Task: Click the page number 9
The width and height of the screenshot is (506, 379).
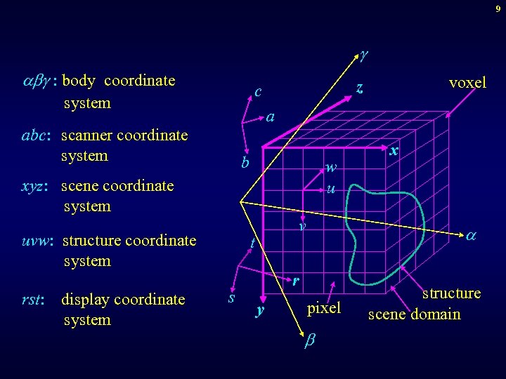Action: pos(498,8)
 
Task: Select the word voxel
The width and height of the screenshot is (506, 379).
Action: pos(467,83)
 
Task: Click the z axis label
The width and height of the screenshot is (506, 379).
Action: pos(359,88)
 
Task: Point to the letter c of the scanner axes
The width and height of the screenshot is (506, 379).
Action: pos(259,92)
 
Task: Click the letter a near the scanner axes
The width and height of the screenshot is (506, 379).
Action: pos(271,117)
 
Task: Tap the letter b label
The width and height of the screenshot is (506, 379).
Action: pos(245,164)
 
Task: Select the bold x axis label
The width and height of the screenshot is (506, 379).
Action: pos(394,151)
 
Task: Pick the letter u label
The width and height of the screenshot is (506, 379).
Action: pos(330,189)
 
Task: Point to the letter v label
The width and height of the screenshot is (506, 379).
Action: pos(301,226)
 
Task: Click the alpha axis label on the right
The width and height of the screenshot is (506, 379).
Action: pos(472,238)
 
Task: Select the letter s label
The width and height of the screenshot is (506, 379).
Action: pos(231,298)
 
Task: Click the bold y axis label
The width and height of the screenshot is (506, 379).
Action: pos(259,310)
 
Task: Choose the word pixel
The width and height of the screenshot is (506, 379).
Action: pos(324,307)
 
